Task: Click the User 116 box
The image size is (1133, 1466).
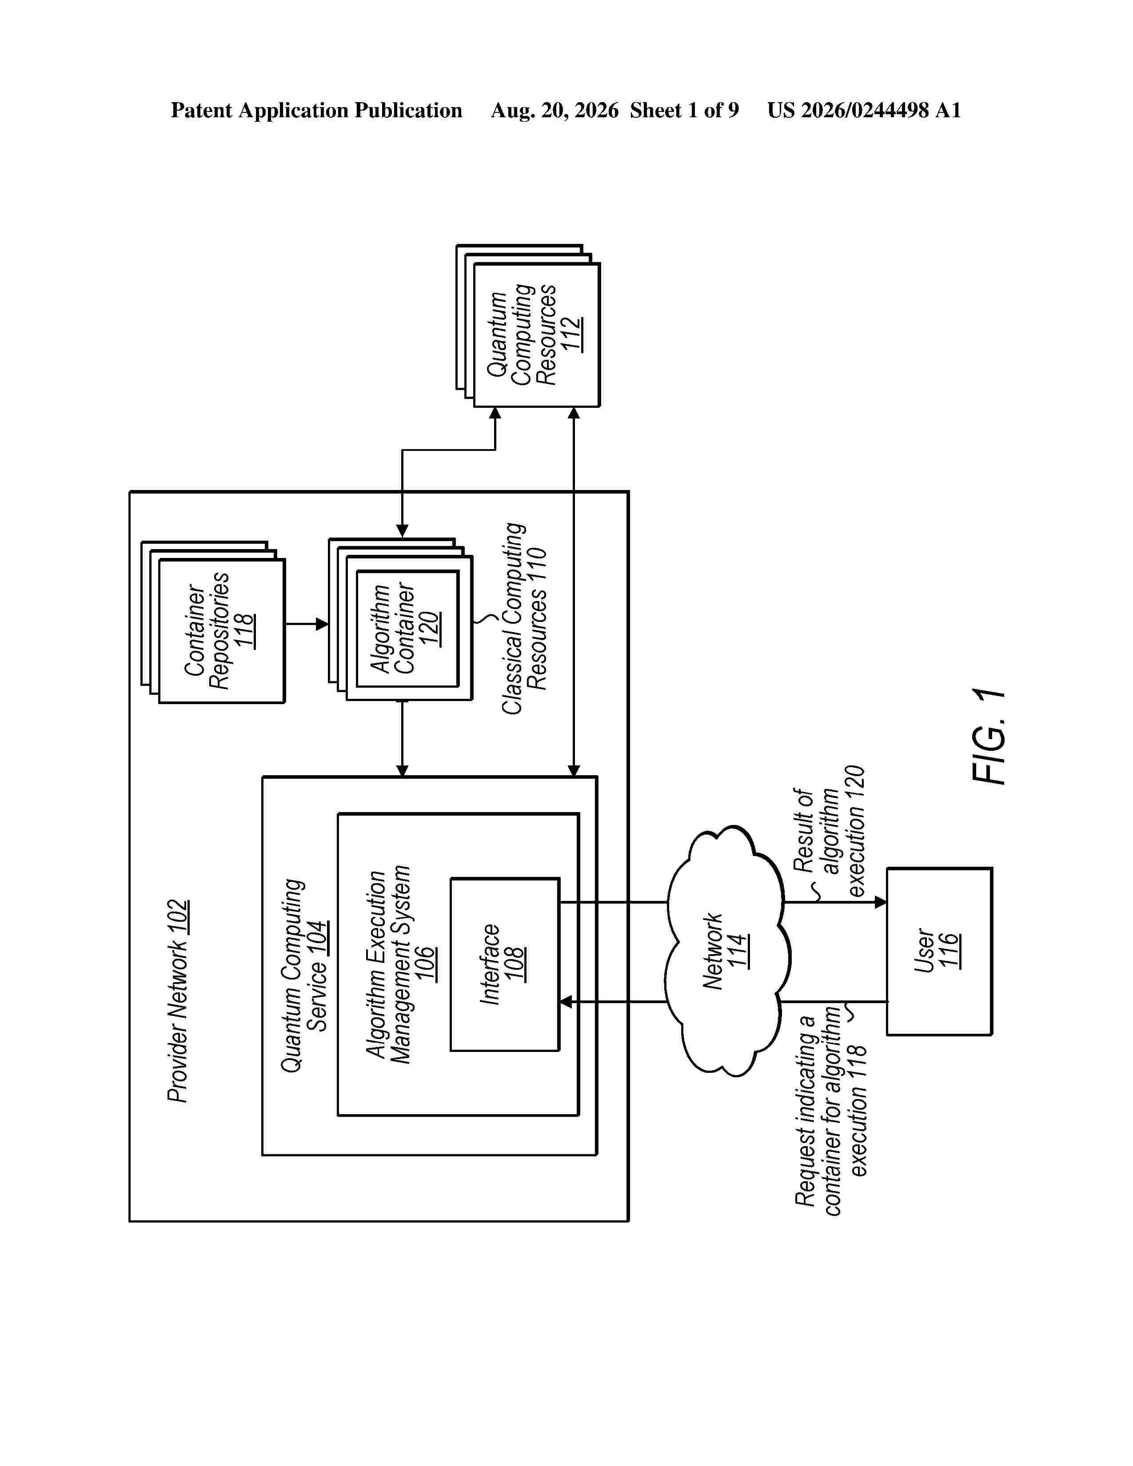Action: tap(939, 951)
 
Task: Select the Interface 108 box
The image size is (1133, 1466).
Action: tap(505, 964)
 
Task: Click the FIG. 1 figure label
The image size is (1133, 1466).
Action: tap(989, 737)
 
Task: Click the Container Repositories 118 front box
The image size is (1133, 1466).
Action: tap(222, 631)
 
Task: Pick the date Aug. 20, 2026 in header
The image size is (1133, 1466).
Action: tap(555, 110)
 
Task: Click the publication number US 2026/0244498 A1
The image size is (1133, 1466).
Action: tap(865, 110)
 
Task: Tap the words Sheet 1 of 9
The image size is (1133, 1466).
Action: tap(684, 110)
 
